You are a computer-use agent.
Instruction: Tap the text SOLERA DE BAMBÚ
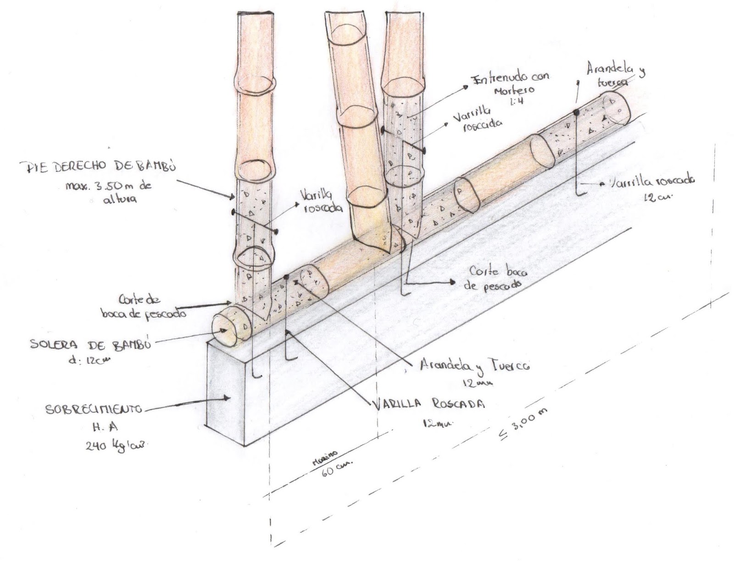pos(90,345)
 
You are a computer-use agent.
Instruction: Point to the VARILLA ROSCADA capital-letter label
pos(429,404)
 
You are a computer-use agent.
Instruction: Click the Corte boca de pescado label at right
pos(498,277)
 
